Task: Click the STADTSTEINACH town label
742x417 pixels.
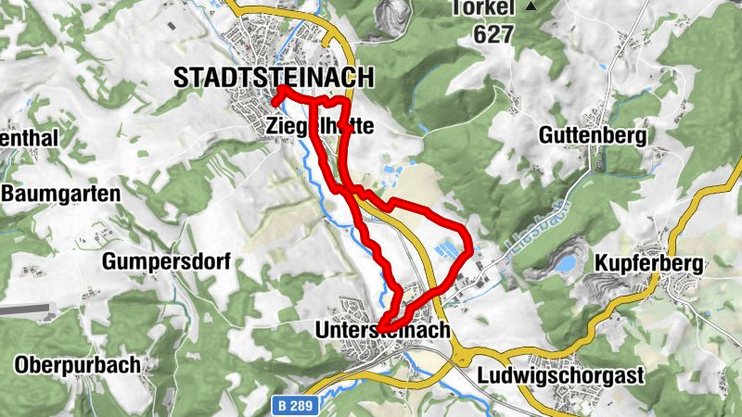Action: pyautogui.click(x=274, y=78)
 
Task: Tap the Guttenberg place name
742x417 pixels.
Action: pyautogui.click(x=592, y=135)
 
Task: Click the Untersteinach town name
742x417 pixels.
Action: pyautogui.click(x=382, y=330)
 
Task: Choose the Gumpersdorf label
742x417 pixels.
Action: pyautogui.click(x=166, y=260)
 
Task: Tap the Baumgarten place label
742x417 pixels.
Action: pyautogui.click(x=61, y=194)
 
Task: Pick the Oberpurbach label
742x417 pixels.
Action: pyautogui.click(x=77, y=364)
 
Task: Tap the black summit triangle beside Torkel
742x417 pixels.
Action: pyautogui.click(x=531, y=6)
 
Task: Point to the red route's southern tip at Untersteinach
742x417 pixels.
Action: pyautogui.click(x=382, y=322)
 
